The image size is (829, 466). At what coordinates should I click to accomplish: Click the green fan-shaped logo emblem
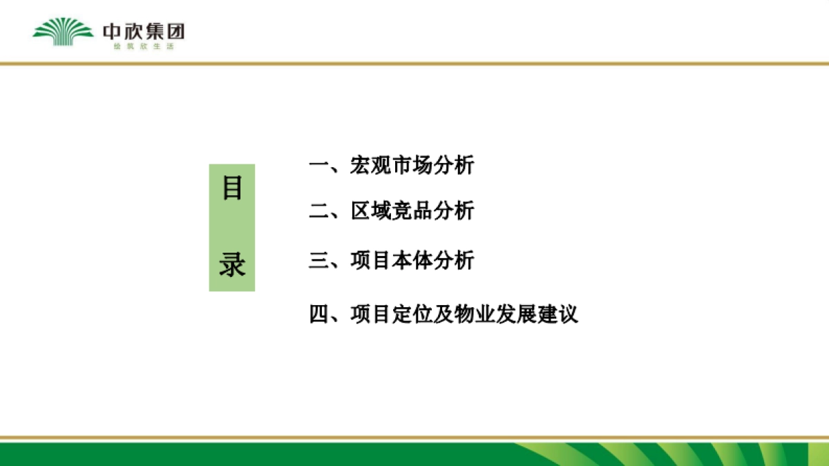63,32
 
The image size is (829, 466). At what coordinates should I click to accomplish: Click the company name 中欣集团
144,31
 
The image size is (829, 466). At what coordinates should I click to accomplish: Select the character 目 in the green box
232,188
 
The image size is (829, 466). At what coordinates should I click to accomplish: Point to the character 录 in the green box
232,264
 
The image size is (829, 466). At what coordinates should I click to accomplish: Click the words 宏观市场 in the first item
392,166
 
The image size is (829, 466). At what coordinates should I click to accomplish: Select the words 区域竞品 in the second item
392,211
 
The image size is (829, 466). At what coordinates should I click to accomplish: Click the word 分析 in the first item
454,166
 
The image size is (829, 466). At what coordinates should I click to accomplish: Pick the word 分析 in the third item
454,261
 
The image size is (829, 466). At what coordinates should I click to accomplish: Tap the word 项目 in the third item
371,261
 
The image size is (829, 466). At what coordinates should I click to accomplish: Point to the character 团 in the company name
175,31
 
